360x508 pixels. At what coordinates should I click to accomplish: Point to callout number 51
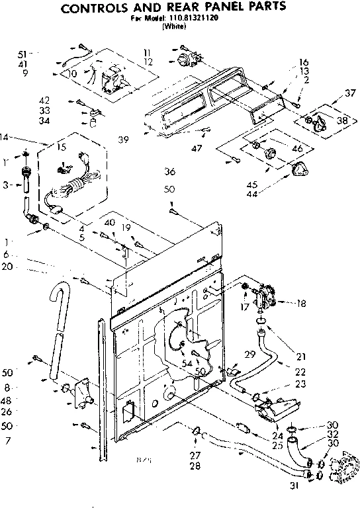tap(22, 53)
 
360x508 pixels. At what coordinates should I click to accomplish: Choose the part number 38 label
tap(342, 121)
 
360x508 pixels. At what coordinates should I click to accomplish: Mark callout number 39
tap(123, 139)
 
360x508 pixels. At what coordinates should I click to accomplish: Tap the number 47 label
tap(197, 148)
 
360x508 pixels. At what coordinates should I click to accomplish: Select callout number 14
tap(6, 137)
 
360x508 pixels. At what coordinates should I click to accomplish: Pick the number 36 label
tap(169, 173)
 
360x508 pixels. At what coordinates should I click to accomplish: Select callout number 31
tap(292, 486)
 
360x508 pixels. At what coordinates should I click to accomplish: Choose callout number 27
tap(195, 455)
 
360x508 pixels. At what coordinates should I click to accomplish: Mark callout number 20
tap(7, 267)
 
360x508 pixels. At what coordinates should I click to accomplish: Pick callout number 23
tap(301, 384)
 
